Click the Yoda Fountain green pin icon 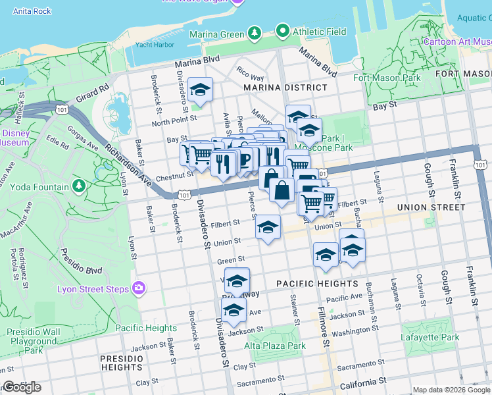pyautogui.click(x=80, y=187)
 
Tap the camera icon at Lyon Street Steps pyautogui.click(x=138, y=288)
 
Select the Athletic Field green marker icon pyautogui.click(x=283, y=31)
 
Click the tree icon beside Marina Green pyautogui.click(x=254, y=33)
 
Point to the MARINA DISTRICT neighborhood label pyautogui.click(x=285, y=88)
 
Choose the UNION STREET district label pyautogui.click(x=431, y=207)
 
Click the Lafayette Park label pyautogui.click(x=430, y=337)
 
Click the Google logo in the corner pyautogui.click(x=22, y=387)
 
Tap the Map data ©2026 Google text pyautogui.click(x=451, y=390)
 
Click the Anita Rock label pyautogui.click(x=32, y=11)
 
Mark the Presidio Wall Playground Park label pyautogui.click(x=33, y=342)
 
